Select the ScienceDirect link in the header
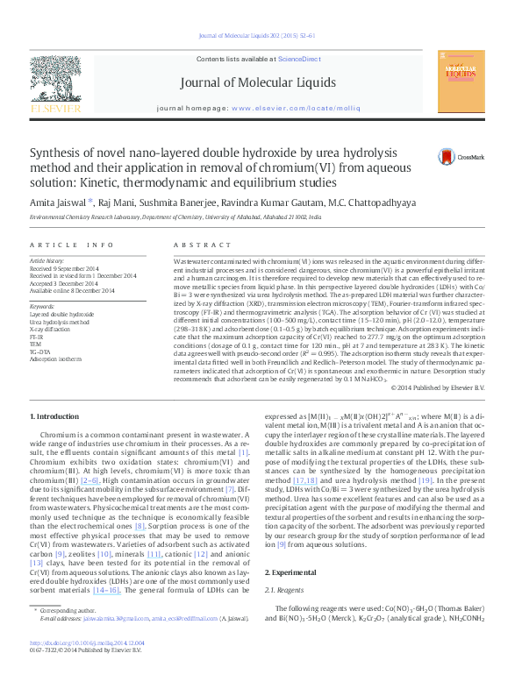click(x=298, y=58)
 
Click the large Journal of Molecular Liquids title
click(x=257, y=83)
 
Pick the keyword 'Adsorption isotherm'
click(x=58, y=359)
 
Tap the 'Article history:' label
click(x=48, y=261)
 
